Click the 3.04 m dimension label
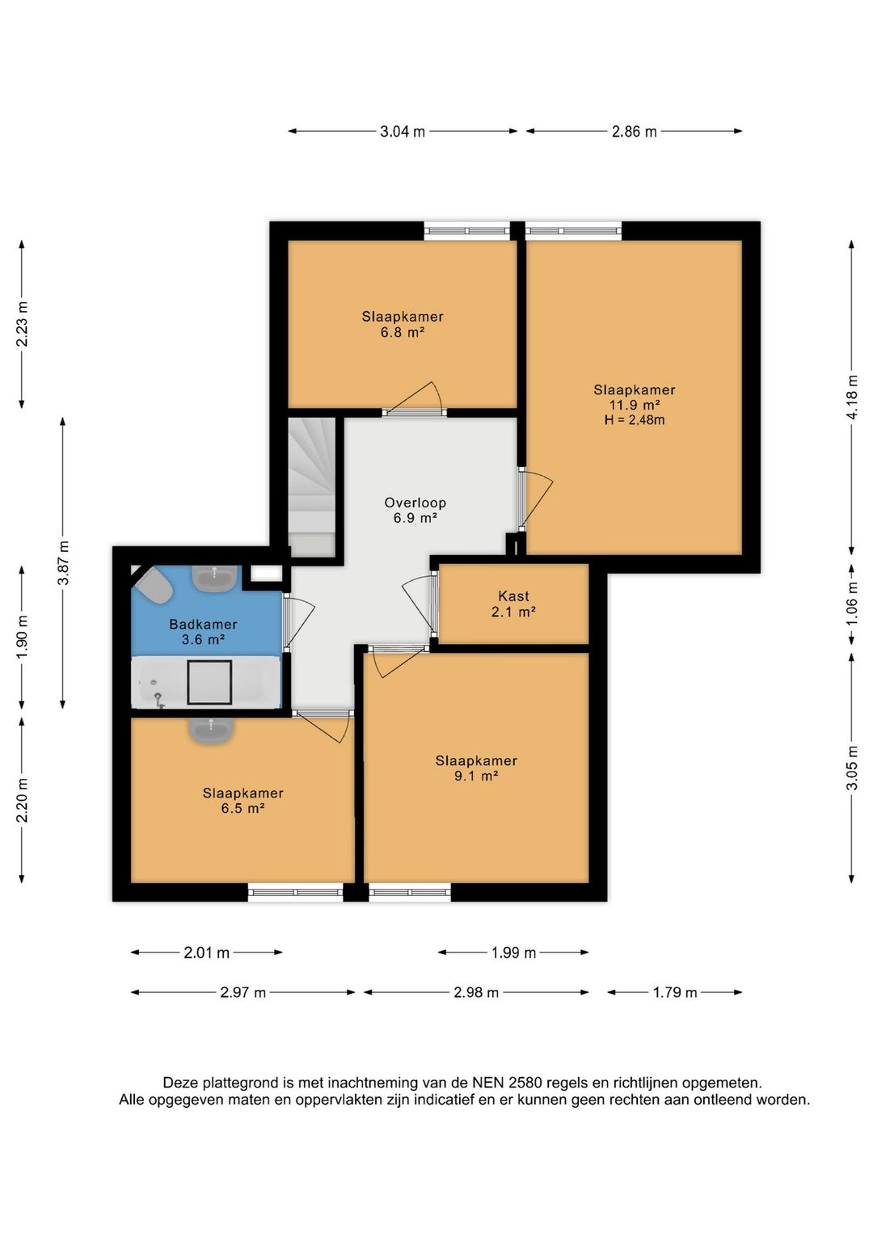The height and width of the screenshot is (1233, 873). pos(402,132)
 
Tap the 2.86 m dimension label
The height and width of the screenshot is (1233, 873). pos(634,132)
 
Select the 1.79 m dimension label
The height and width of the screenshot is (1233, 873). pos(675,992)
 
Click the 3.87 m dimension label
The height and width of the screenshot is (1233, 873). pos(64,562)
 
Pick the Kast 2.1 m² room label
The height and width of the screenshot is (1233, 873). pos(513,604)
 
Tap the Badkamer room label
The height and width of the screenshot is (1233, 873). pos(203,625)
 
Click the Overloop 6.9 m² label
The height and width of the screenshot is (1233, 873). pos(415,511)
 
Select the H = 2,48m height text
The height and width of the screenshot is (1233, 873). pos(634,420)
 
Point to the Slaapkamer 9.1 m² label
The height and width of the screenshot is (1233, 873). pos(476,768)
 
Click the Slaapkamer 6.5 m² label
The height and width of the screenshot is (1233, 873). pos(242,801)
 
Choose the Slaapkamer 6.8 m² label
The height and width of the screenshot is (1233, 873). pos(403,324)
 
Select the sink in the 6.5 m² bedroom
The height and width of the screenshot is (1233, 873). pos(212,731)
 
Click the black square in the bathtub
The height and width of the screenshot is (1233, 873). pos(209,683)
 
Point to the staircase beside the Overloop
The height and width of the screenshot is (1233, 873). pos(312,487)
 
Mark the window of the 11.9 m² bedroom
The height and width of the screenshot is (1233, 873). pos(573,230)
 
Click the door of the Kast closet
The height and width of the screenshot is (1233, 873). pos(420,604)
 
